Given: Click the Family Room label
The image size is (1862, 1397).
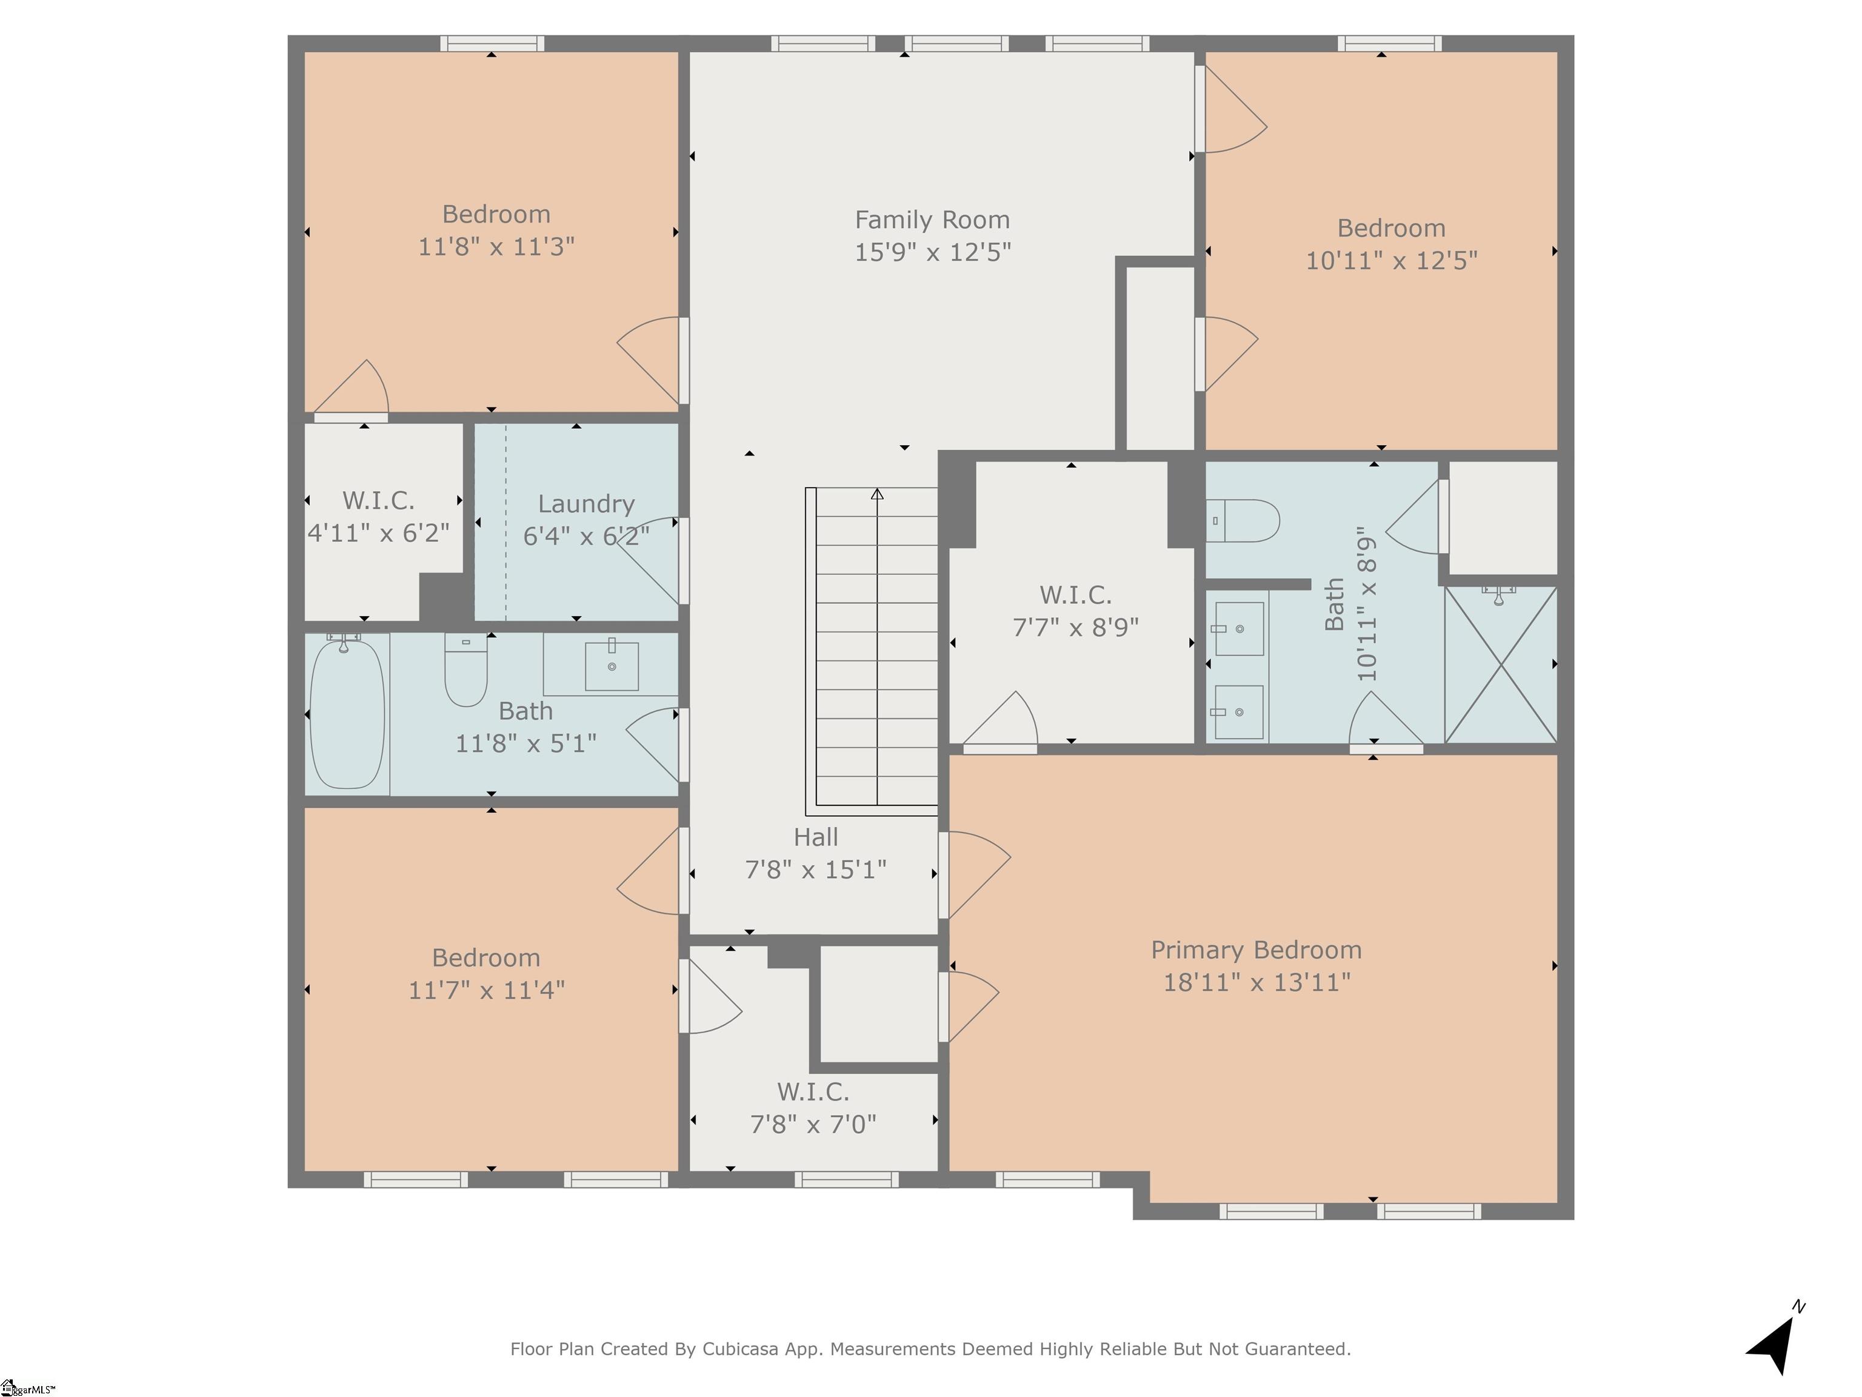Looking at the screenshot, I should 932,219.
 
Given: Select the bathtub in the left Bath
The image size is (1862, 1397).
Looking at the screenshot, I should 347,715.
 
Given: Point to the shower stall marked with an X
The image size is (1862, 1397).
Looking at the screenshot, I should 1500,665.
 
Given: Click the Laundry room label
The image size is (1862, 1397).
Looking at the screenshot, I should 586,503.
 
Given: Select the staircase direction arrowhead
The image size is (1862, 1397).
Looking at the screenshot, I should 877,494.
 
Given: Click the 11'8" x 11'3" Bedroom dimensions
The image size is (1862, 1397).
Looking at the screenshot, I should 496,247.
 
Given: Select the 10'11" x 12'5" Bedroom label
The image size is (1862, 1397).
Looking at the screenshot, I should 1390,228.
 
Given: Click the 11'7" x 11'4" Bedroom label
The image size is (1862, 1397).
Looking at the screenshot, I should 486,957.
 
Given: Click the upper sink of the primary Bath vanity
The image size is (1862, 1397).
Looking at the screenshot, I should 1239,629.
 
